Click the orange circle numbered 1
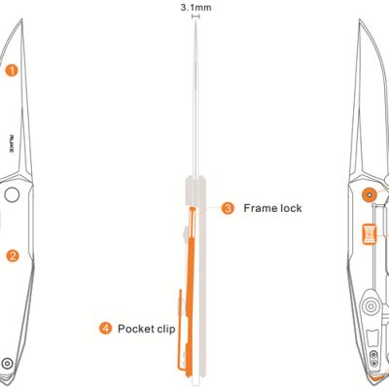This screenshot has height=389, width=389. (x=12, y=70)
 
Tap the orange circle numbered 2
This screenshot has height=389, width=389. (x=13, y=256)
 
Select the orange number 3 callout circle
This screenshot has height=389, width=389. (x=228, y=208)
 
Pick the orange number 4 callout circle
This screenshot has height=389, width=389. (x=105, y=329)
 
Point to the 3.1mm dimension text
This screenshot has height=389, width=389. (x=195, y=8)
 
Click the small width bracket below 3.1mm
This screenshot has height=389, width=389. (x=195, y=17)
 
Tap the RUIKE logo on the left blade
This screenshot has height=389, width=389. (x=12, y=145)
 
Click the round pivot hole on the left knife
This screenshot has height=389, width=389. (x=12, y=194)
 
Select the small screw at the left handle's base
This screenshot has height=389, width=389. (x=7, y=363)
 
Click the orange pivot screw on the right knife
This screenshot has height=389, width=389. (x=370, y=194)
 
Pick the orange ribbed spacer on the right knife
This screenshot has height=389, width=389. (x=370, y=234)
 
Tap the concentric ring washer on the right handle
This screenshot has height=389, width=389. (x=370, y=306)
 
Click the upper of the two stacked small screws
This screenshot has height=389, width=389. (x=373, y=354)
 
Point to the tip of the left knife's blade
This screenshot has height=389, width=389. (x=22, y=19)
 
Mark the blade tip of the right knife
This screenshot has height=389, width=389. (x=359, y=20)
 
